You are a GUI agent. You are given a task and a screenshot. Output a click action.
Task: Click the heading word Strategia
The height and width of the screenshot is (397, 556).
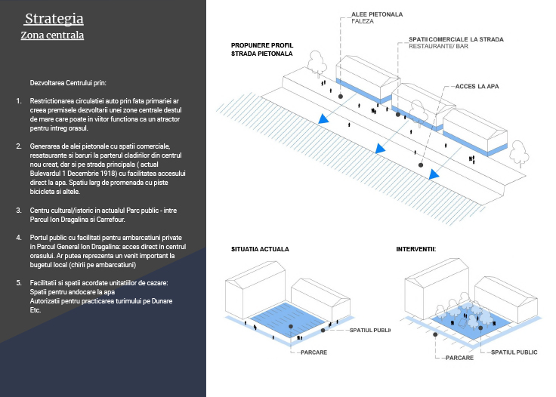54,19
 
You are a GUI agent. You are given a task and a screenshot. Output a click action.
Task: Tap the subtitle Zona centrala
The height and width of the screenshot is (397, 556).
52,35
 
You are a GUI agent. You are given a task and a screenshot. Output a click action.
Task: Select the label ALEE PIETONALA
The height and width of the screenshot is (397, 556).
377,14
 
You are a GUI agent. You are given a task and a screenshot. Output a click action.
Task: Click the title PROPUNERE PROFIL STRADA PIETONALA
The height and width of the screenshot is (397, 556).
261,50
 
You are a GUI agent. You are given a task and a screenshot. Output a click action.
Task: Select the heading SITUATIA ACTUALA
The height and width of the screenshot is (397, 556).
260,248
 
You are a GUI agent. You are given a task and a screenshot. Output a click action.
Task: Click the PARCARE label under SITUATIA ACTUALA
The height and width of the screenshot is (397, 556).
313,352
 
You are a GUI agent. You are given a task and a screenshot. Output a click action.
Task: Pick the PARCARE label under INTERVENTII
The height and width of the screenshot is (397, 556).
459,358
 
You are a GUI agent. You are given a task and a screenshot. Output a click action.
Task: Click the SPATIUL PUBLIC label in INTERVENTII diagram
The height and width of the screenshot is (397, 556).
514,352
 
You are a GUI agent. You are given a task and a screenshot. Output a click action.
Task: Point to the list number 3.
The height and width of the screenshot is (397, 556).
19,208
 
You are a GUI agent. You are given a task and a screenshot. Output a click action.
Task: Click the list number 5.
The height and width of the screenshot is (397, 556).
19,282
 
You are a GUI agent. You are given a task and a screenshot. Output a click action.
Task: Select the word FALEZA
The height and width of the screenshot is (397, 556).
363,21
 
